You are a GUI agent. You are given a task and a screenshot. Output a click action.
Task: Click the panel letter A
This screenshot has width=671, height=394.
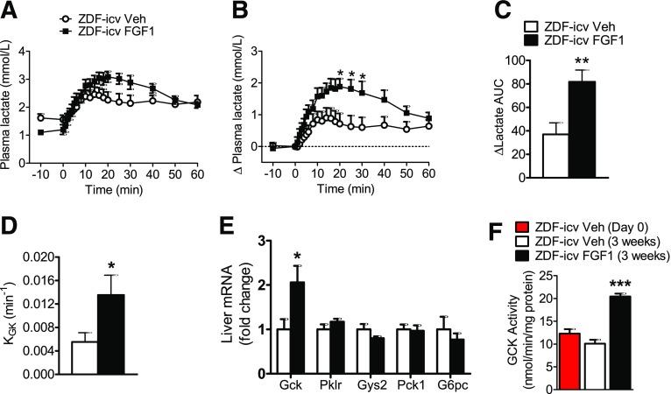(x=10, y=11)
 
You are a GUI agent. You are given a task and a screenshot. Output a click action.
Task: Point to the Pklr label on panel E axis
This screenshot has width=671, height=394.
(x=332, y=382)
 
